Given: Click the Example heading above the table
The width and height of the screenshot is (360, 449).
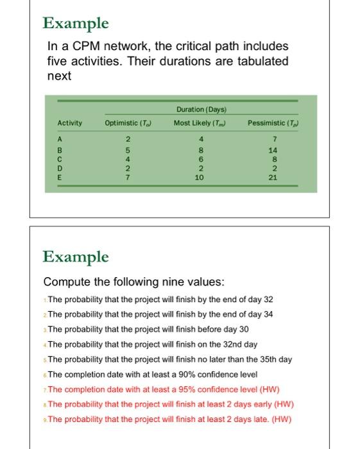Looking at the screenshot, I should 76,24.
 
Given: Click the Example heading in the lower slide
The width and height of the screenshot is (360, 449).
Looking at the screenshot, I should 76,257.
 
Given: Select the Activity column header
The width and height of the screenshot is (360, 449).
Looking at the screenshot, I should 69,123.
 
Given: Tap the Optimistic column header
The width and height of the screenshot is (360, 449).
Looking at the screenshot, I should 127,123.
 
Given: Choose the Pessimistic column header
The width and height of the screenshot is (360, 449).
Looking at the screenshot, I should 273,123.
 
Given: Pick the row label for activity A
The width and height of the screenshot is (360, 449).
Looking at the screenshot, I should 60,139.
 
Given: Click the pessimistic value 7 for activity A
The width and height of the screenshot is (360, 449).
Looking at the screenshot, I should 273,139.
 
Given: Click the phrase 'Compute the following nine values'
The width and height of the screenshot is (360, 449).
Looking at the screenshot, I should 133,282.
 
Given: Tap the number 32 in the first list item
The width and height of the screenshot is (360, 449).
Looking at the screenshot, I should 268,300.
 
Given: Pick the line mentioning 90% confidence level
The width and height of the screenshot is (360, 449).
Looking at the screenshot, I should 153,375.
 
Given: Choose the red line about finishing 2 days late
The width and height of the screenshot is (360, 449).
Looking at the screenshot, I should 169,419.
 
